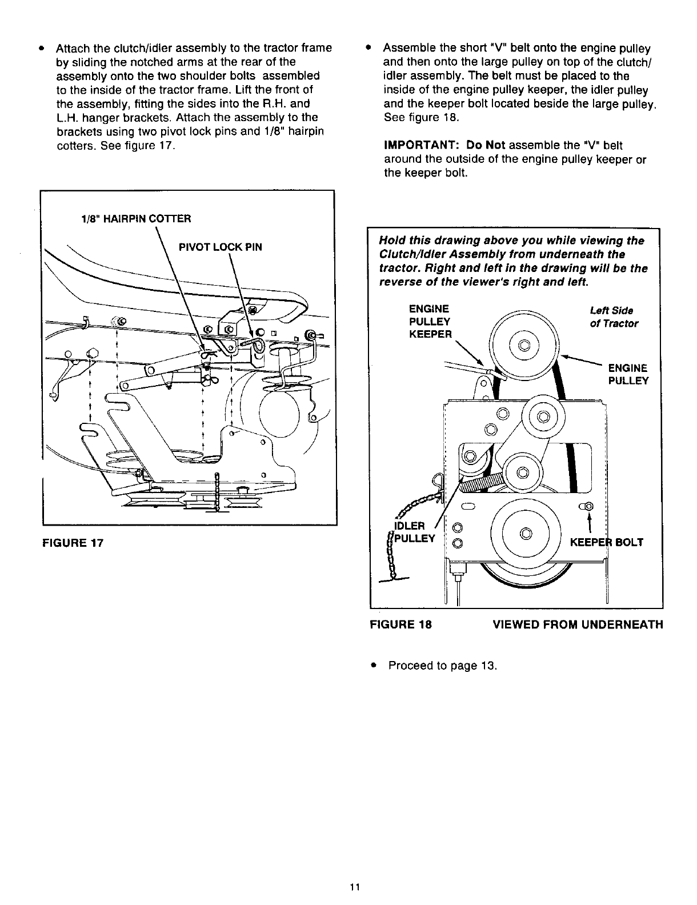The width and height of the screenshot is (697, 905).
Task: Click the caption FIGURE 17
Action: pos(73,542)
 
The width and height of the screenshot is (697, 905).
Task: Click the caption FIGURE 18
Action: pos(401,624)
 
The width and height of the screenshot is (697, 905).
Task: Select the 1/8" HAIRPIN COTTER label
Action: pos(135,218)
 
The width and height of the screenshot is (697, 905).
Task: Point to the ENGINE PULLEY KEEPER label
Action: pos(430,322)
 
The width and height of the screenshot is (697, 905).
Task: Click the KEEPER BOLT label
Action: pos(607,542)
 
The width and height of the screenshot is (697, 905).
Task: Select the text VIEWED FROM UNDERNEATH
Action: pos(578,624)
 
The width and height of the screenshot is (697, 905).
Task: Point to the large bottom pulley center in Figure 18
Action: pos(526,533)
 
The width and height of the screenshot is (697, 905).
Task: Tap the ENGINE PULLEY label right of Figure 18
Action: pos(628,374)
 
